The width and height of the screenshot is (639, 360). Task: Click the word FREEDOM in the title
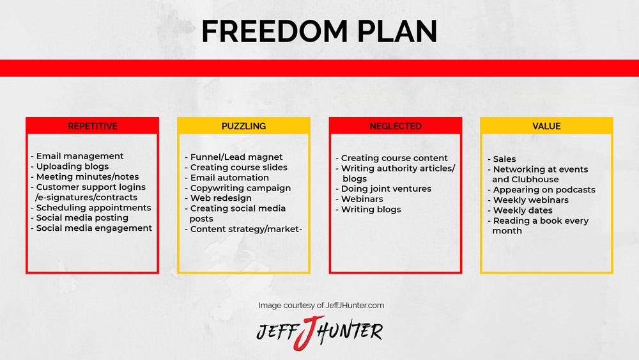pyautogui.click(x=275, y=31)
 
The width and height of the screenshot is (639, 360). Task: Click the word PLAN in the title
pyautogui.click(x=397, y=31)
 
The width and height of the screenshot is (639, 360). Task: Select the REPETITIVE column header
pyautogui.click(x=93, y=127)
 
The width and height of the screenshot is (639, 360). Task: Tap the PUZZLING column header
pyautogui.click(x=243, y=127)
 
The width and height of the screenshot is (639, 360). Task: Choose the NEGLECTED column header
pyautogui.click(x=396, y=127)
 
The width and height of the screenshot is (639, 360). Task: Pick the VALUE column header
pyautogui.click(x=546, y=127)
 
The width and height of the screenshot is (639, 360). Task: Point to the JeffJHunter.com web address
pyautogui.click(x=355, y=306)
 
